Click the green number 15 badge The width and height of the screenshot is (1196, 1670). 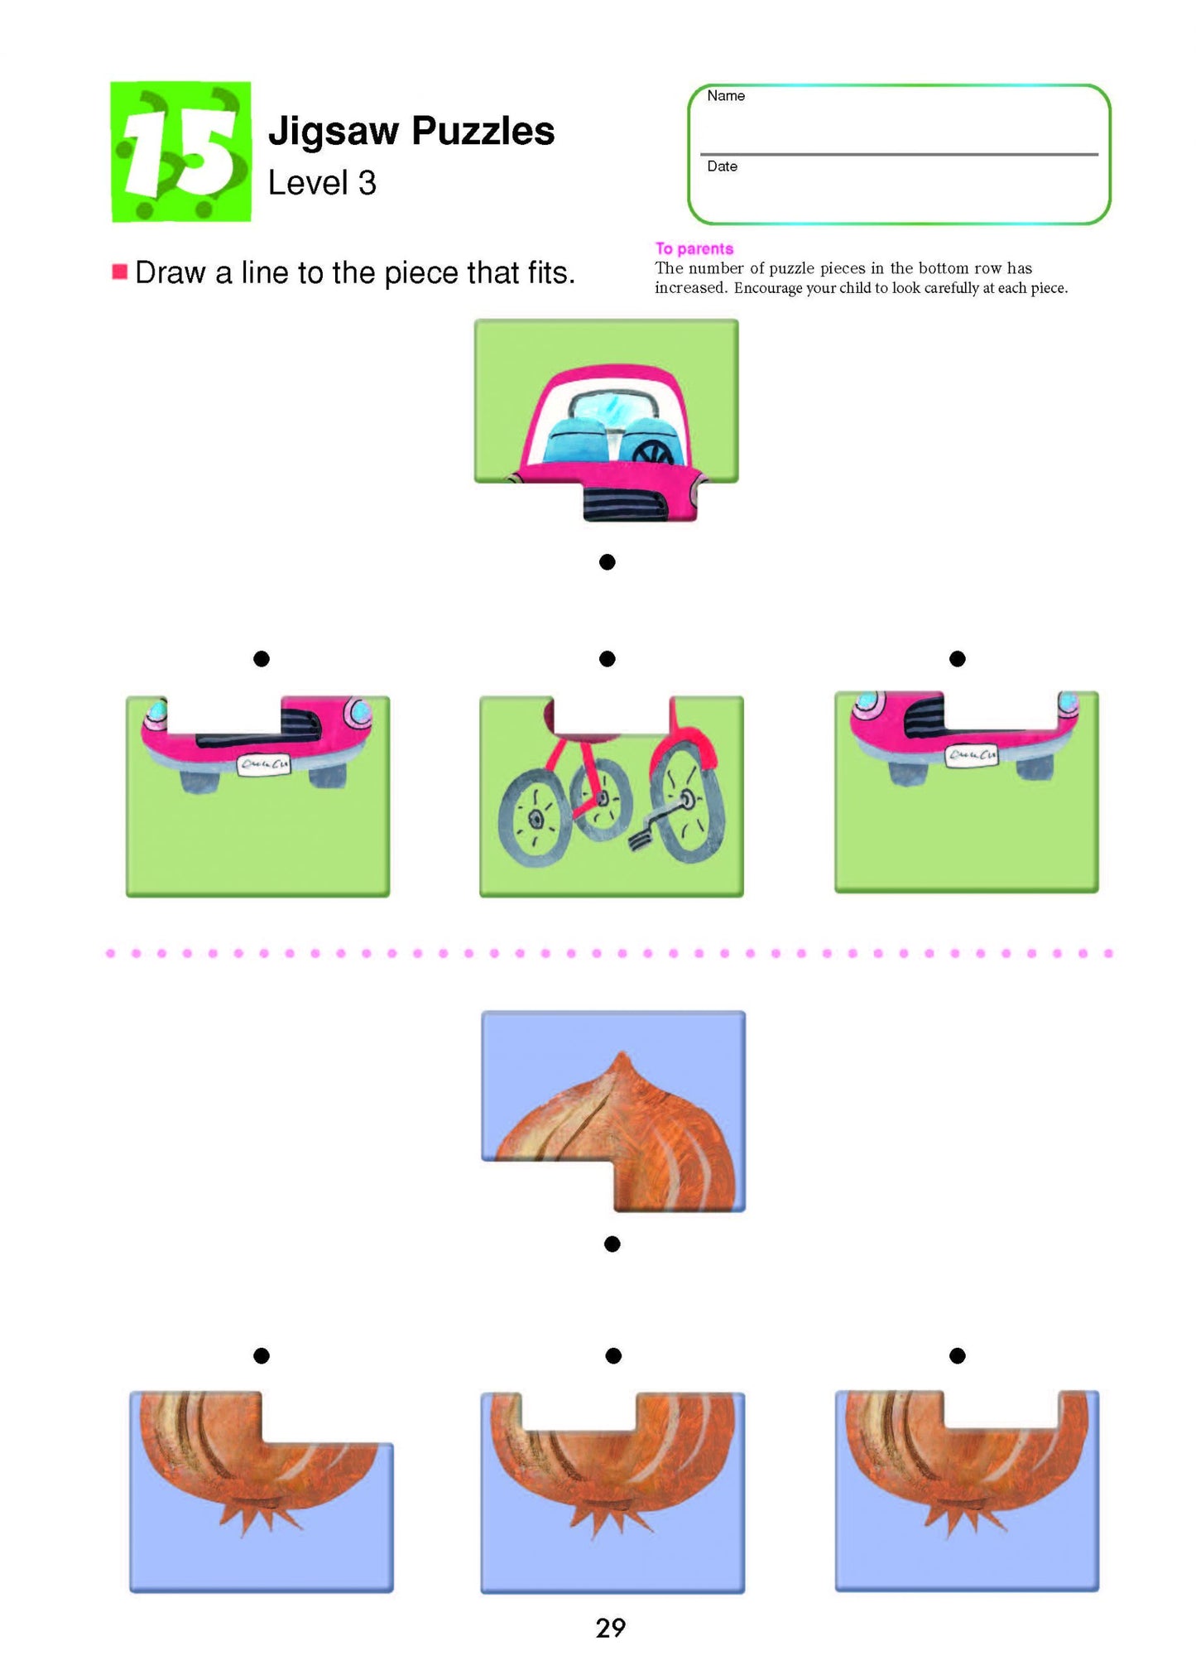[x=180, y=152]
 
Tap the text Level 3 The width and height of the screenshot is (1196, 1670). [x=322, y=183]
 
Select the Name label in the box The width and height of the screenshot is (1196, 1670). [x=726, y=96]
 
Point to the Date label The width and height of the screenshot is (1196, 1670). [x=722, y=166]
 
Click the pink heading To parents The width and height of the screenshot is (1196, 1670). [x=694, y=248]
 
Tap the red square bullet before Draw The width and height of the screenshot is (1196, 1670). [x=120, y=272]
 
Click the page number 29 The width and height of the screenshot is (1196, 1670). [x=611, y=1628]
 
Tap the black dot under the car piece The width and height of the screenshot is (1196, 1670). [x=607, y=562]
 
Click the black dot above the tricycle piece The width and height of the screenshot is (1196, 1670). [x=607, y=659]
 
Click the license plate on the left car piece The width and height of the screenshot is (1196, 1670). [x=263, y=764]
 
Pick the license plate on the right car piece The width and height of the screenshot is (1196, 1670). [x=972, y=754]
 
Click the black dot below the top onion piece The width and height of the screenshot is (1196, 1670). [x=612, y=1244]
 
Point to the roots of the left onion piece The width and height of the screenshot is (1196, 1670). [x=258, y=1515]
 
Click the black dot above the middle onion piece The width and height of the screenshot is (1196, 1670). [x=613, y=1355]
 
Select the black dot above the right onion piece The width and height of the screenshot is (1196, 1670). [x=958, y=1355]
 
